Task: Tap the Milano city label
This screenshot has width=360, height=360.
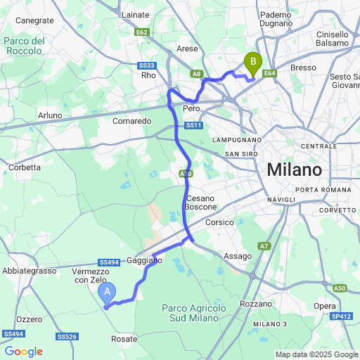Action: (294, 170)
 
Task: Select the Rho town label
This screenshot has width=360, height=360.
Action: (148, 75)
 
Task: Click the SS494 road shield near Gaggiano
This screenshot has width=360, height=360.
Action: (109, 261)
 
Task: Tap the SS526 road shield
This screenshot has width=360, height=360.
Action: (67, 337)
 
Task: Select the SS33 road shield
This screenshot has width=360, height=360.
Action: (146, 65)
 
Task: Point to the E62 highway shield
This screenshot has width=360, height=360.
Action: (143, 32)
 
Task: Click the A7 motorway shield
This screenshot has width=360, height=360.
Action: (264, 246)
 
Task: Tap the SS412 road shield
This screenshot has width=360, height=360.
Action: (342, 316)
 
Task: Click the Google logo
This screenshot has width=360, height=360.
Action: (23, 351)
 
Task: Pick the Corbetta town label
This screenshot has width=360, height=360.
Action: (25, 167)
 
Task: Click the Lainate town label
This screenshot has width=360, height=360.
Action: (136, 14)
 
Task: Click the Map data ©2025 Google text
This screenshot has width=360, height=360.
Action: (316, 354)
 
